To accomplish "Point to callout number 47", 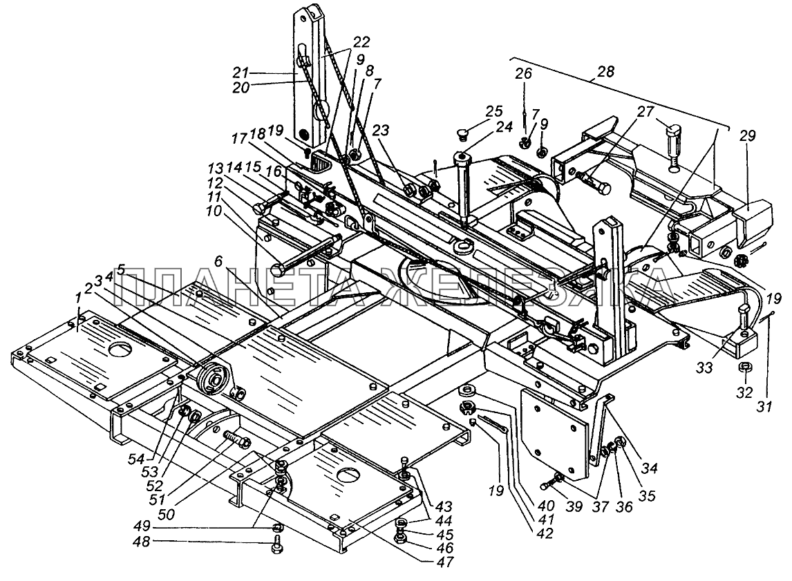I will [445, 562].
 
